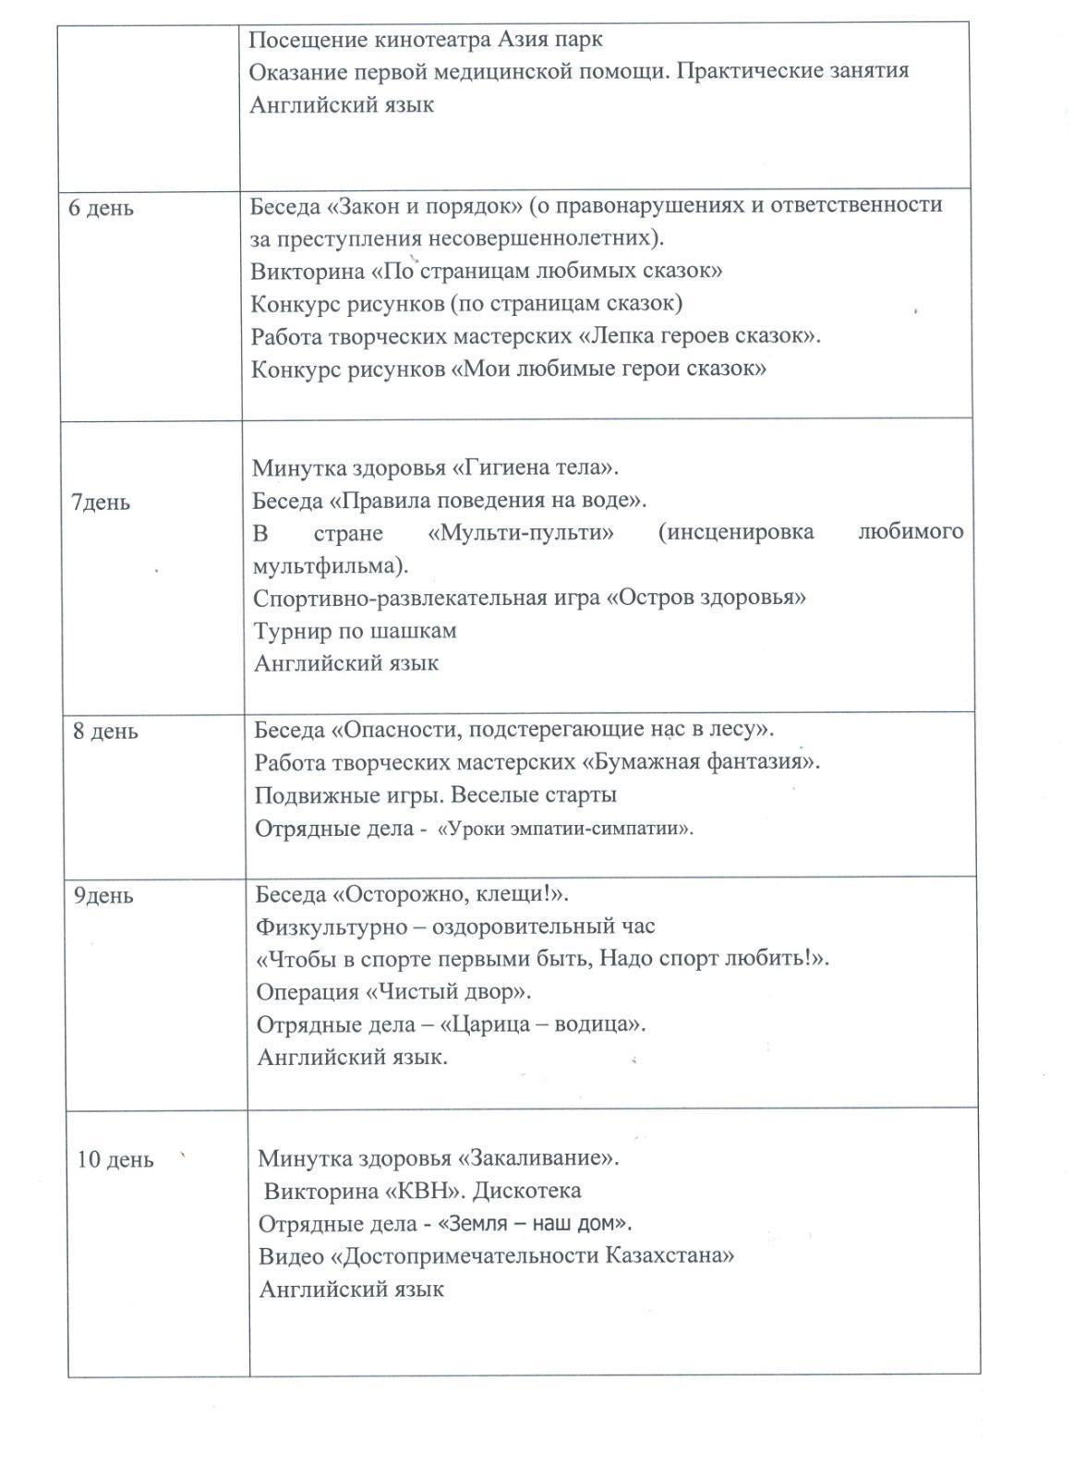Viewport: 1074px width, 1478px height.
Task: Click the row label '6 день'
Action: [102, 208]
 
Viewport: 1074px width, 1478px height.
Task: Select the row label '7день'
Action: [101, 503]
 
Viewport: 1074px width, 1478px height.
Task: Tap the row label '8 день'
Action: [106, 732]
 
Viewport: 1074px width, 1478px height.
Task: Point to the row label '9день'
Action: [104, 895]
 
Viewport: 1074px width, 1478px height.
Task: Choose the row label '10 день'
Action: [115, 1159]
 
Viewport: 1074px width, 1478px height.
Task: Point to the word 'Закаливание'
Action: [540, 1158]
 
